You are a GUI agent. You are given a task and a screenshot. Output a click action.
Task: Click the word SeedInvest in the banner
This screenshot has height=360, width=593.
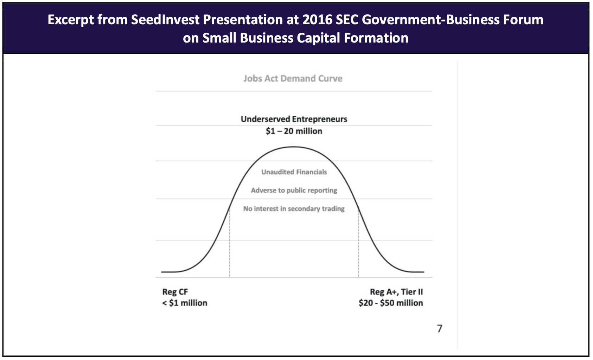click(x=165, y=20)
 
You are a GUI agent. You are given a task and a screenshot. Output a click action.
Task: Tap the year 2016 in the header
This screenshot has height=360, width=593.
click(x=317, y=20)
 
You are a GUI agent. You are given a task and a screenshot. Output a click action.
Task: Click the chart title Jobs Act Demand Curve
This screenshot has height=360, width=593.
click(x=293, y=78)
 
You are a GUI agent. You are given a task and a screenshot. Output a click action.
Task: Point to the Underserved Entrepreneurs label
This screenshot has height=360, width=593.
click(x=294, y=119)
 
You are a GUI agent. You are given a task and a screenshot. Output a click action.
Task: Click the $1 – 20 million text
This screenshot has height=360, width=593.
click(x=294, y=131)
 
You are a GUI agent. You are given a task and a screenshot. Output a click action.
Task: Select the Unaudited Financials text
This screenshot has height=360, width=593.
click(x=294, y=172)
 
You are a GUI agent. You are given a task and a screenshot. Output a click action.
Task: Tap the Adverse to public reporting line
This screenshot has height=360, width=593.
click(x=294, y=190)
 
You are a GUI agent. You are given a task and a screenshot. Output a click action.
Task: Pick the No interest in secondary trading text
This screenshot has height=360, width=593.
click(x=294, y=208)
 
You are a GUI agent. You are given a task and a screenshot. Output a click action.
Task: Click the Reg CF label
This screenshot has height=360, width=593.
click(x=175, y=292)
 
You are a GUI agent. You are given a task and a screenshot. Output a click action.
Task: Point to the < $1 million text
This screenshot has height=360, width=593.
click(x=185, y=303)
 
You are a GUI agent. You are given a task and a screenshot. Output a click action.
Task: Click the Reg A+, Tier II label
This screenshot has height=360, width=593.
click(x=396, y=292)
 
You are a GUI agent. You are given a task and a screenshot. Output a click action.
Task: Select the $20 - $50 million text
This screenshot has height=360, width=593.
click(x=391, y=303)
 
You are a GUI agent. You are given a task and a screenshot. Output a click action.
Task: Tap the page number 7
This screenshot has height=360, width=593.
click(x=439, y=328)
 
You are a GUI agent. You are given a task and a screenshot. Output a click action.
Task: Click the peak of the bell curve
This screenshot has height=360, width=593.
click(x=293, y=147)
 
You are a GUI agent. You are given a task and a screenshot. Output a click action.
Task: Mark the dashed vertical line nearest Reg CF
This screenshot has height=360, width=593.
click(x=230, y=243)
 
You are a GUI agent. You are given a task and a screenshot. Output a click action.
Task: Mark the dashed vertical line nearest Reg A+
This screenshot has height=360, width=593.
click(x=358, y=243)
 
